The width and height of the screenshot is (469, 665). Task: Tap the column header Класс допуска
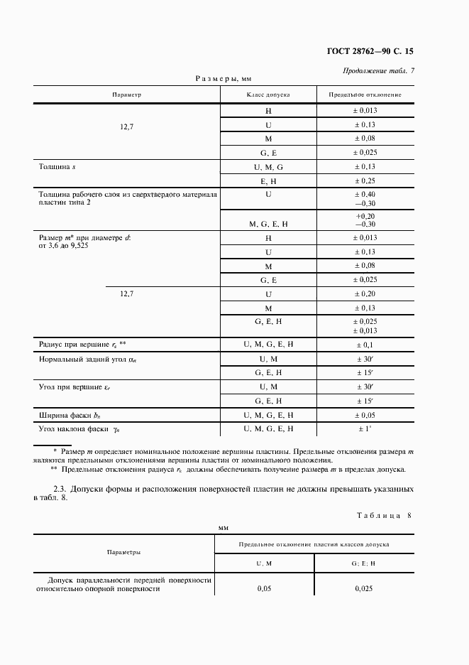(x=268, y=94)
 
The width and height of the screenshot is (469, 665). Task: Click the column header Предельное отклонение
(x=365, y=94)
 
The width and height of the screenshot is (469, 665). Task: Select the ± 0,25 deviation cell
(x=365, y=181)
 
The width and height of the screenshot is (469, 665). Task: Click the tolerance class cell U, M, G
(x=268, y=167)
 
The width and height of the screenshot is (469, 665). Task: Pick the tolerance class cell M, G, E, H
(x=268, y=224)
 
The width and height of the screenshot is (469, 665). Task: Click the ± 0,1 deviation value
(x=365, y=344)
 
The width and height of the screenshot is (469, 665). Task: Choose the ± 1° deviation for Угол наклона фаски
(x=365, y=428)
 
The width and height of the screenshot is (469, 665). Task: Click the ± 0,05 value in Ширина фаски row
(x=365, y=415)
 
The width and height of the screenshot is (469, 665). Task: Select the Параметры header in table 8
(x=123, y=551)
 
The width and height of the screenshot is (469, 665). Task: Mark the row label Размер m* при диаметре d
(x=83, y=238)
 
